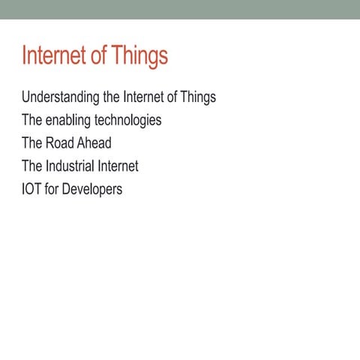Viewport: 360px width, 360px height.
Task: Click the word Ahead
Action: tap(94, 142)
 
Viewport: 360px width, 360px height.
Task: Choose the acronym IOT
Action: tap(31, 188)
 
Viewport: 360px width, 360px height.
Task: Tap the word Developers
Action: tap(91, 188)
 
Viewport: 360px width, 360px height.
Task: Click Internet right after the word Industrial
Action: tap(118, 166)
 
